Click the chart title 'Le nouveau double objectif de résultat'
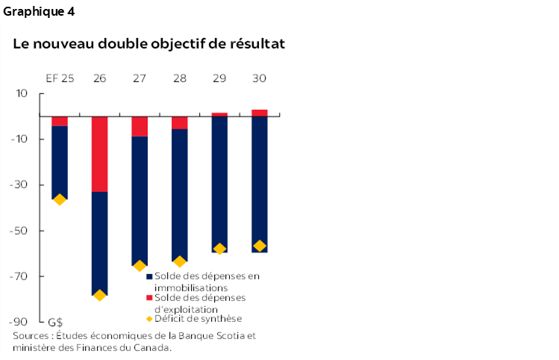149,43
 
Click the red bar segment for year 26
99,154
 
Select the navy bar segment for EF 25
60,162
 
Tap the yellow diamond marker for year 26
99,295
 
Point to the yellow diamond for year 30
260,246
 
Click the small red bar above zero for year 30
260,113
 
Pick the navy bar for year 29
219,184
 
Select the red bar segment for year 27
140,126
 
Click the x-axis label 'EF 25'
59,78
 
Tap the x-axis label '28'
179,78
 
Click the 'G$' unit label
55,322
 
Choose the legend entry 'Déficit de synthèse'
199,319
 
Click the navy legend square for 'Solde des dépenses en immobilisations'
149,276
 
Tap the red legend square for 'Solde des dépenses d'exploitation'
149,298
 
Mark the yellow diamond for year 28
179,261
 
